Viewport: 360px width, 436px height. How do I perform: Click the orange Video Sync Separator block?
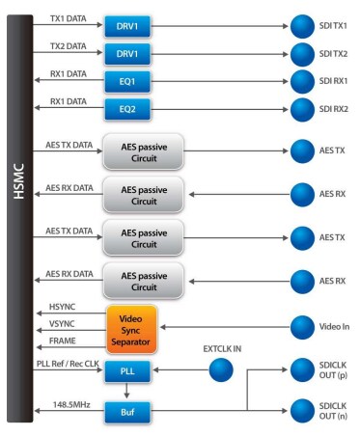pos(131,330)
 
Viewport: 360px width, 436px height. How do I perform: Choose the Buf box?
pos(126,409)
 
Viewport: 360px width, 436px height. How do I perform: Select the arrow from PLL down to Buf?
pos(126,390)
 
